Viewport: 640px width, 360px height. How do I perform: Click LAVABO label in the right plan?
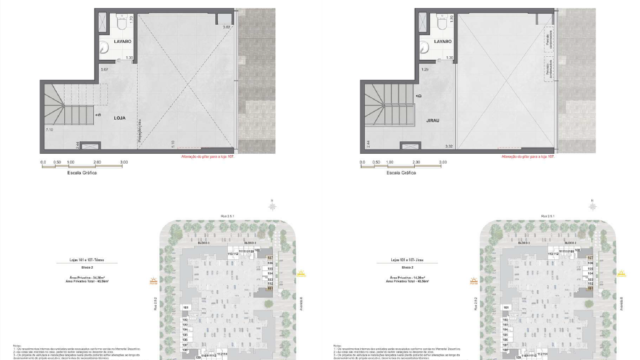tap(443, 42)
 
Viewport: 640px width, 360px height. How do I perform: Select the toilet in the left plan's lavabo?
tap(118, 21)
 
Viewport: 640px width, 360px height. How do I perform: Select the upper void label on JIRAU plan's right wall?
tap(549, 37)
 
